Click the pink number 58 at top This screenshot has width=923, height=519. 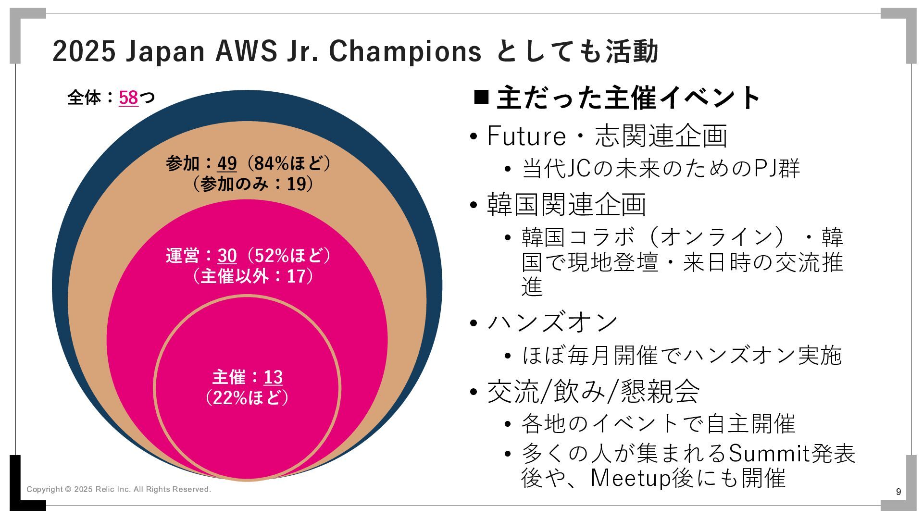tap(128, 98)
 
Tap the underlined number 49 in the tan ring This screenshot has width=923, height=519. tap(227, 163)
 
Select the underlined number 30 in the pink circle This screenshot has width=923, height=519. tap(227, 255)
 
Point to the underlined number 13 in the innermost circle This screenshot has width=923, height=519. tap(273, 377)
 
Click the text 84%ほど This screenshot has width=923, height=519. tap(288, 163)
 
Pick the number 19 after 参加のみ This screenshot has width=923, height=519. tap(297, 184)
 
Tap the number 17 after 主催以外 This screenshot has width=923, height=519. tap(297, 276)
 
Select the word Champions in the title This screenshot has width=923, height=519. tap(405, 51)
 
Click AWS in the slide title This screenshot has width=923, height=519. tap(246, 51)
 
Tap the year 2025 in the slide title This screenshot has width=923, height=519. tap(84, 51)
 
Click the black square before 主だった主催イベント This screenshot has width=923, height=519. tap(481, 97)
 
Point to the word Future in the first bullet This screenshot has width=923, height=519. tap(526, 136)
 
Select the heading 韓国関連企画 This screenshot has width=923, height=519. tap(566, 204)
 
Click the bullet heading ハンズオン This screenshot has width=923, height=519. tap(552, 322)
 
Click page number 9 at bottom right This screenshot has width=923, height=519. tap(898, 492)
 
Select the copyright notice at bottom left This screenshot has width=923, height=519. tap(119, 489)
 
